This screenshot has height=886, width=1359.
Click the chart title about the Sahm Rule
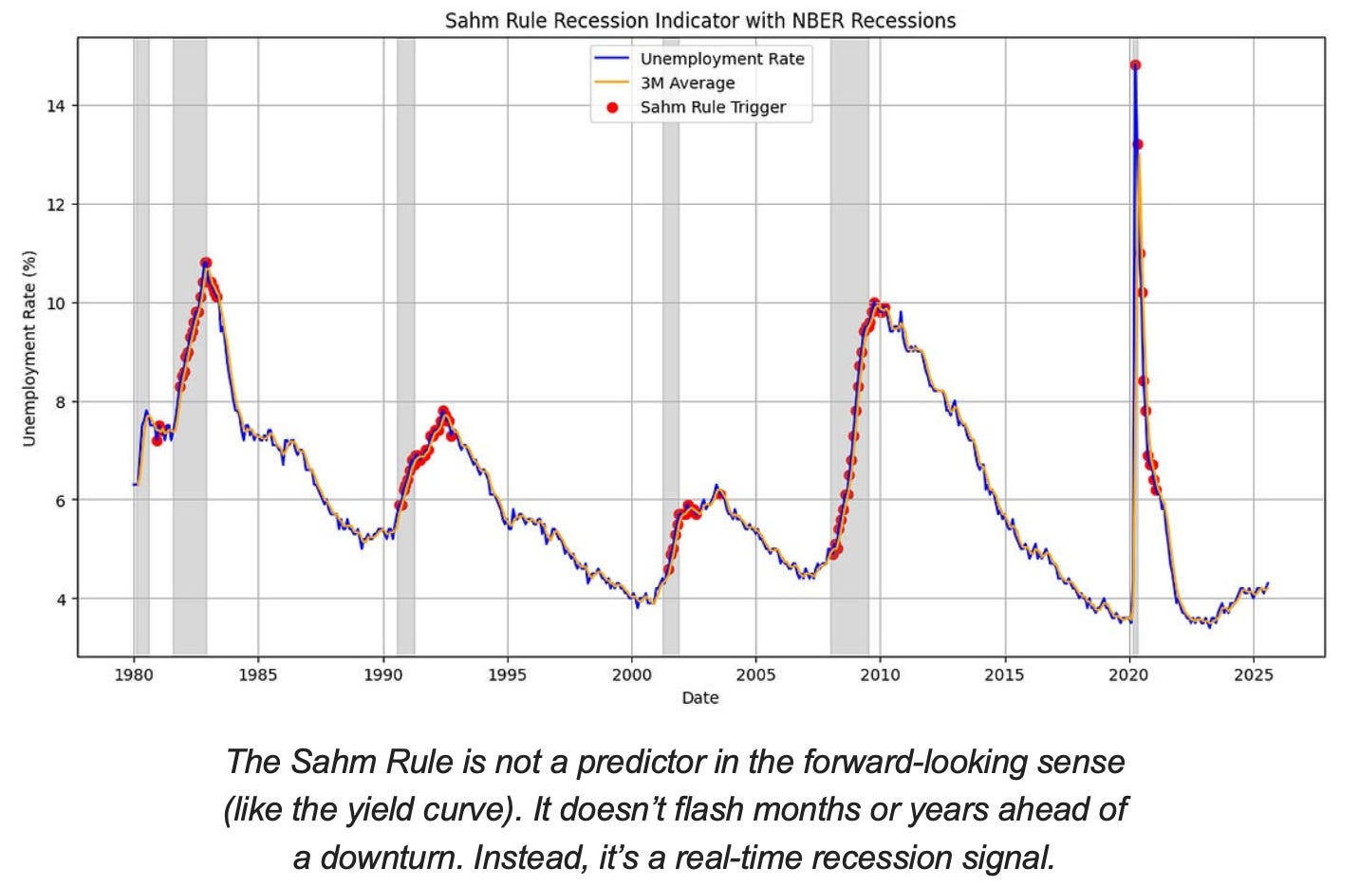(x=700, y=20)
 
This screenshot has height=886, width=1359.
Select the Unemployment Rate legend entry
(x=721, y=59)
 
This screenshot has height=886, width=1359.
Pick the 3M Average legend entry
(x=687, y=83)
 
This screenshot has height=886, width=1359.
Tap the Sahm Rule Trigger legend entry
(x=713, y=107)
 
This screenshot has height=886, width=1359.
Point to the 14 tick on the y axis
(x=56, y=105)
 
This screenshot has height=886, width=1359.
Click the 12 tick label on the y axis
(x=56, y=205)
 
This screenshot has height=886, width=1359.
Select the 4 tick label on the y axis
(x=61, y=600)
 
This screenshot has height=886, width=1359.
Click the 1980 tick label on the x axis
(x=134, y=674)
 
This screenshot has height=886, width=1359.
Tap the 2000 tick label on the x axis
(x=631, y=674)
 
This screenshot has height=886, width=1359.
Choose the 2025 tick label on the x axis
(x=1254, y=674)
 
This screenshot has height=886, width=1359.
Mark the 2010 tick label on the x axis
(x=880, y=674)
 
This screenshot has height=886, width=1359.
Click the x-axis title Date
(x=700, y=698)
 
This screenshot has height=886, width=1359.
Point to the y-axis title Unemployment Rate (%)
(x=28, y=348)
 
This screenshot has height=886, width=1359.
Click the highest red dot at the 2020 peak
(x=1135, y=65)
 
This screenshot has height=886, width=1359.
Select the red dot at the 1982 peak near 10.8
(x=206, y=263)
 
